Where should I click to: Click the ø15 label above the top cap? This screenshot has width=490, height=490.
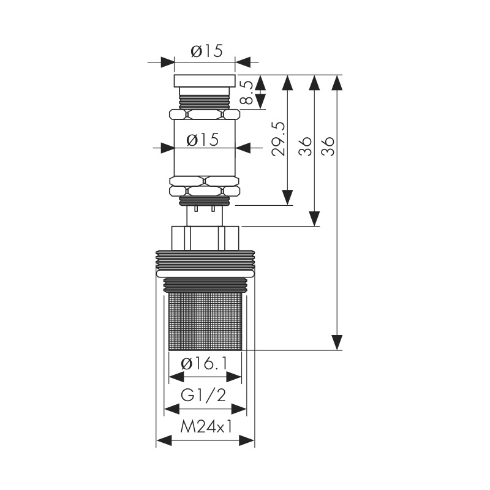(206, 51)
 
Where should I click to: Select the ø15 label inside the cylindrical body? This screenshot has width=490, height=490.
(203, 140)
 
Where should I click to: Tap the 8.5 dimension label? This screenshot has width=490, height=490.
(247, 92)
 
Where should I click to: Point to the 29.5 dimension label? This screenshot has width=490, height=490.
(278, 139)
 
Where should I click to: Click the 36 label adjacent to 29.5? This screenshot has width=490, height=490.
(305, 146)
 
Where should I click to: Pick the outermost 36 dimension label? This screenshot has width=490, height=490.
(328, 146)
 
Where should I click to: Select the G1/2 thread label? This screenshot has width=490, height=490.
(203, 396)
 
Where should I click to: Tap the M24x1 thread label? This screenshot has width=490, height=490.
(206, 428)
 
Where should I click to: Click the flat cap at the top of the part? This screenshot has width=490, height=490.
(205, 81)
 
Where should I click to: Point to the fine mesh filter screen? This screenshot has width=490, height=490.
(205, 322)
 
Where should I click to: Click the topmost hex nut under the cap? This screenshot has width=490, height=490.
(205, 114)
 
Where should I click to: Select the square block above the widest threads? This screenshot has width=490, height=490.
(205, 238)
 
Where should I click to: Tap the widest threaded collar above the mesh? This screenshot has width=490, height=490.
(205, 259)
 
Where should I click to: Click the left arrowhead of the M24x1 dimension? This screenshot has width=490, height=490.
(164, 441)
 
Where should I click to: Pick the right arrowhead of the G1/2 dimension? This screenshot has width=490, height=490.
(239, 409)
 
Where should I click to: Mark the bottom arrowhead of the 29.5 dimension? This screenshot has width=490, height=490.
(287, 197)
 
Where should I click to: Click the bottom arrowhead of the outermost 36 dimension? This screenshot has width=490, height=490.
(336, 342)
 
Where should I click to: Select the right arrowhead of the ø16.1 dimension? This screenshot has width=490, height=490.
(234, 377)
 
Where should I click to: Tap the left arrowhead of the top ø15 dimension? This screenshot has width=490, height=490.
(167, 62)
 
